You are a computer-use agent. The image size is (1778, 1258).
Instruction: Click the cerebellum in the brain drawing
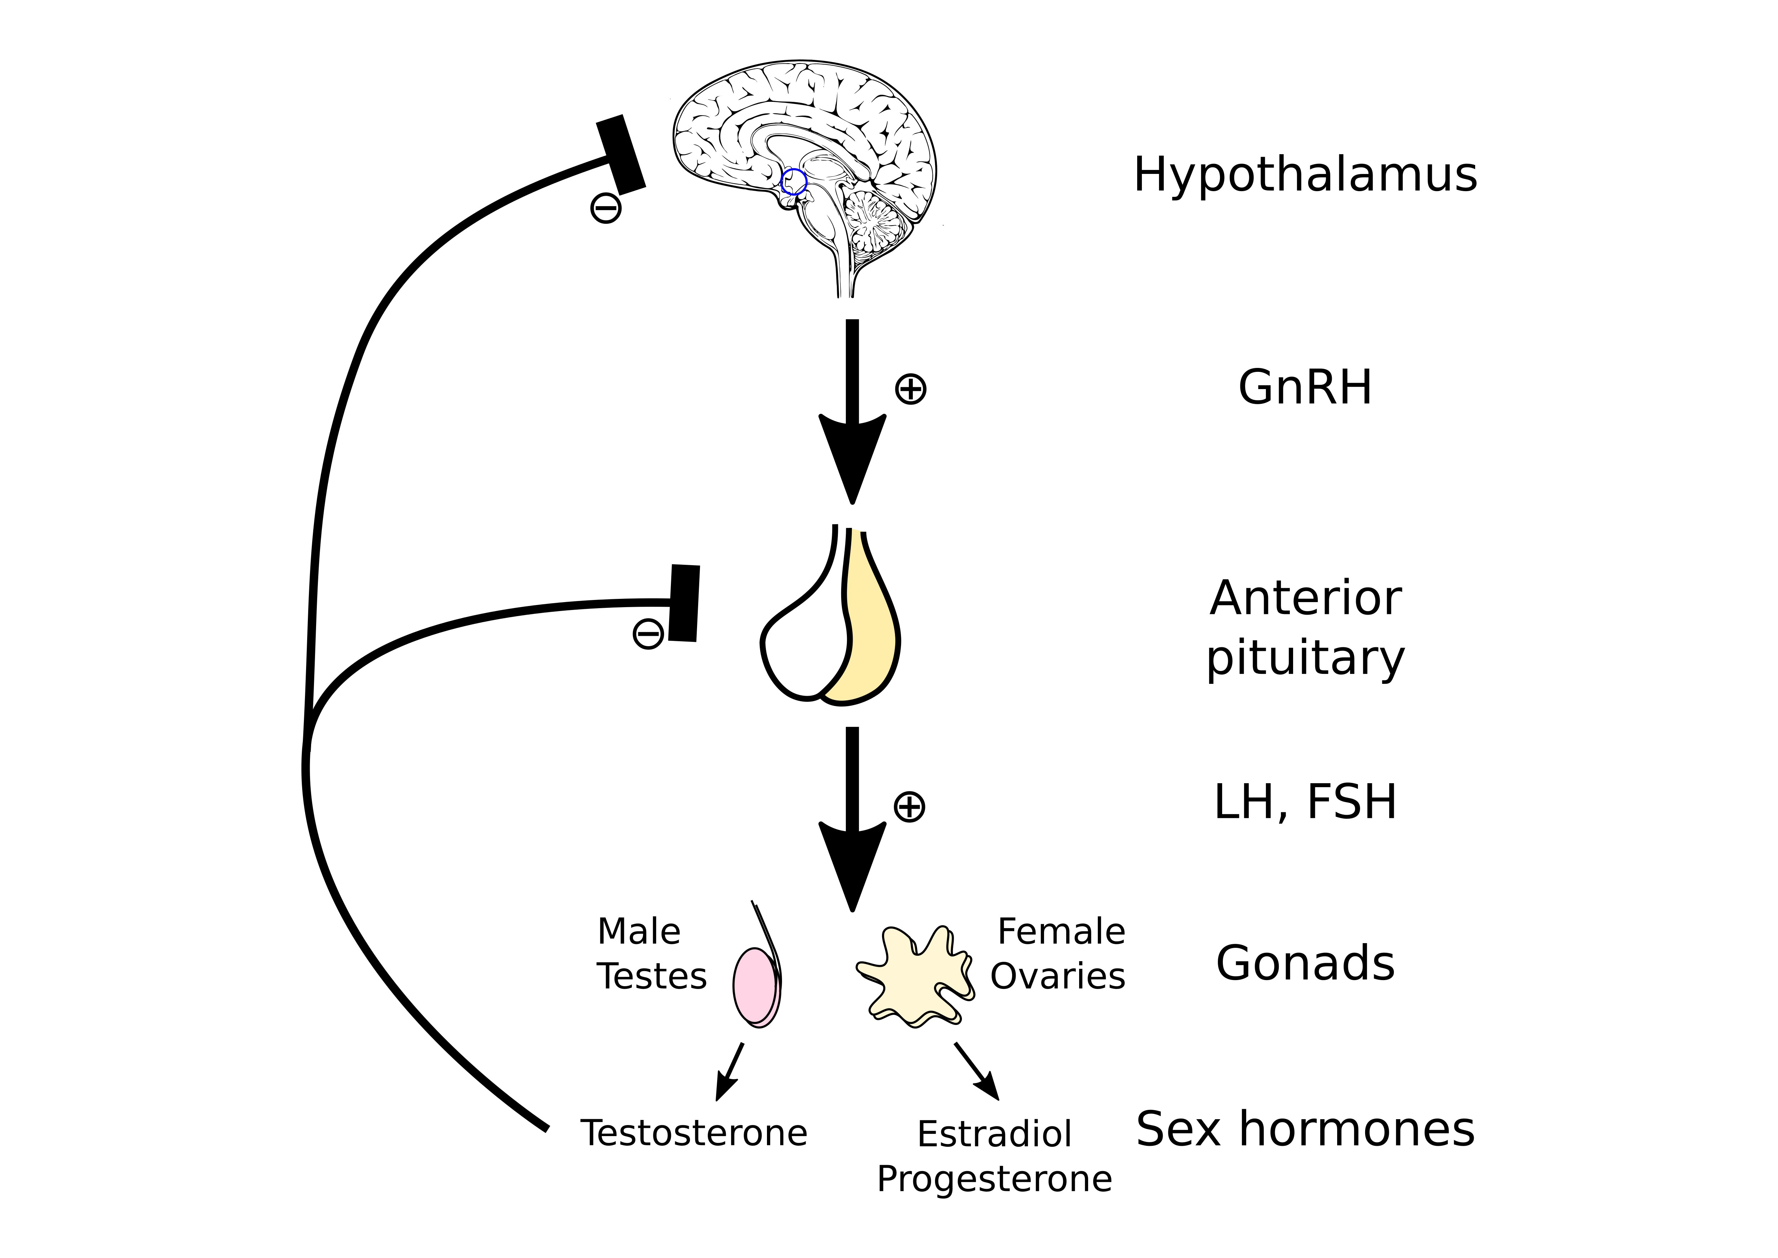tap(875, 221)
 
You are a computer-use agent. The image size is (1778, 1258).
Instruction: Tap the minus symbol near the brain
tap(606, 208)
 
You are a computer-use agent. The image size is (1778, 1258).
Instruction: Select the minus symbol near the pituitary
tap(648, 634)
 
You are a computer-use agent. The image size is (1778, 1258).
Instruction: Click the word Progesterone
tap(994, 1179)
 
